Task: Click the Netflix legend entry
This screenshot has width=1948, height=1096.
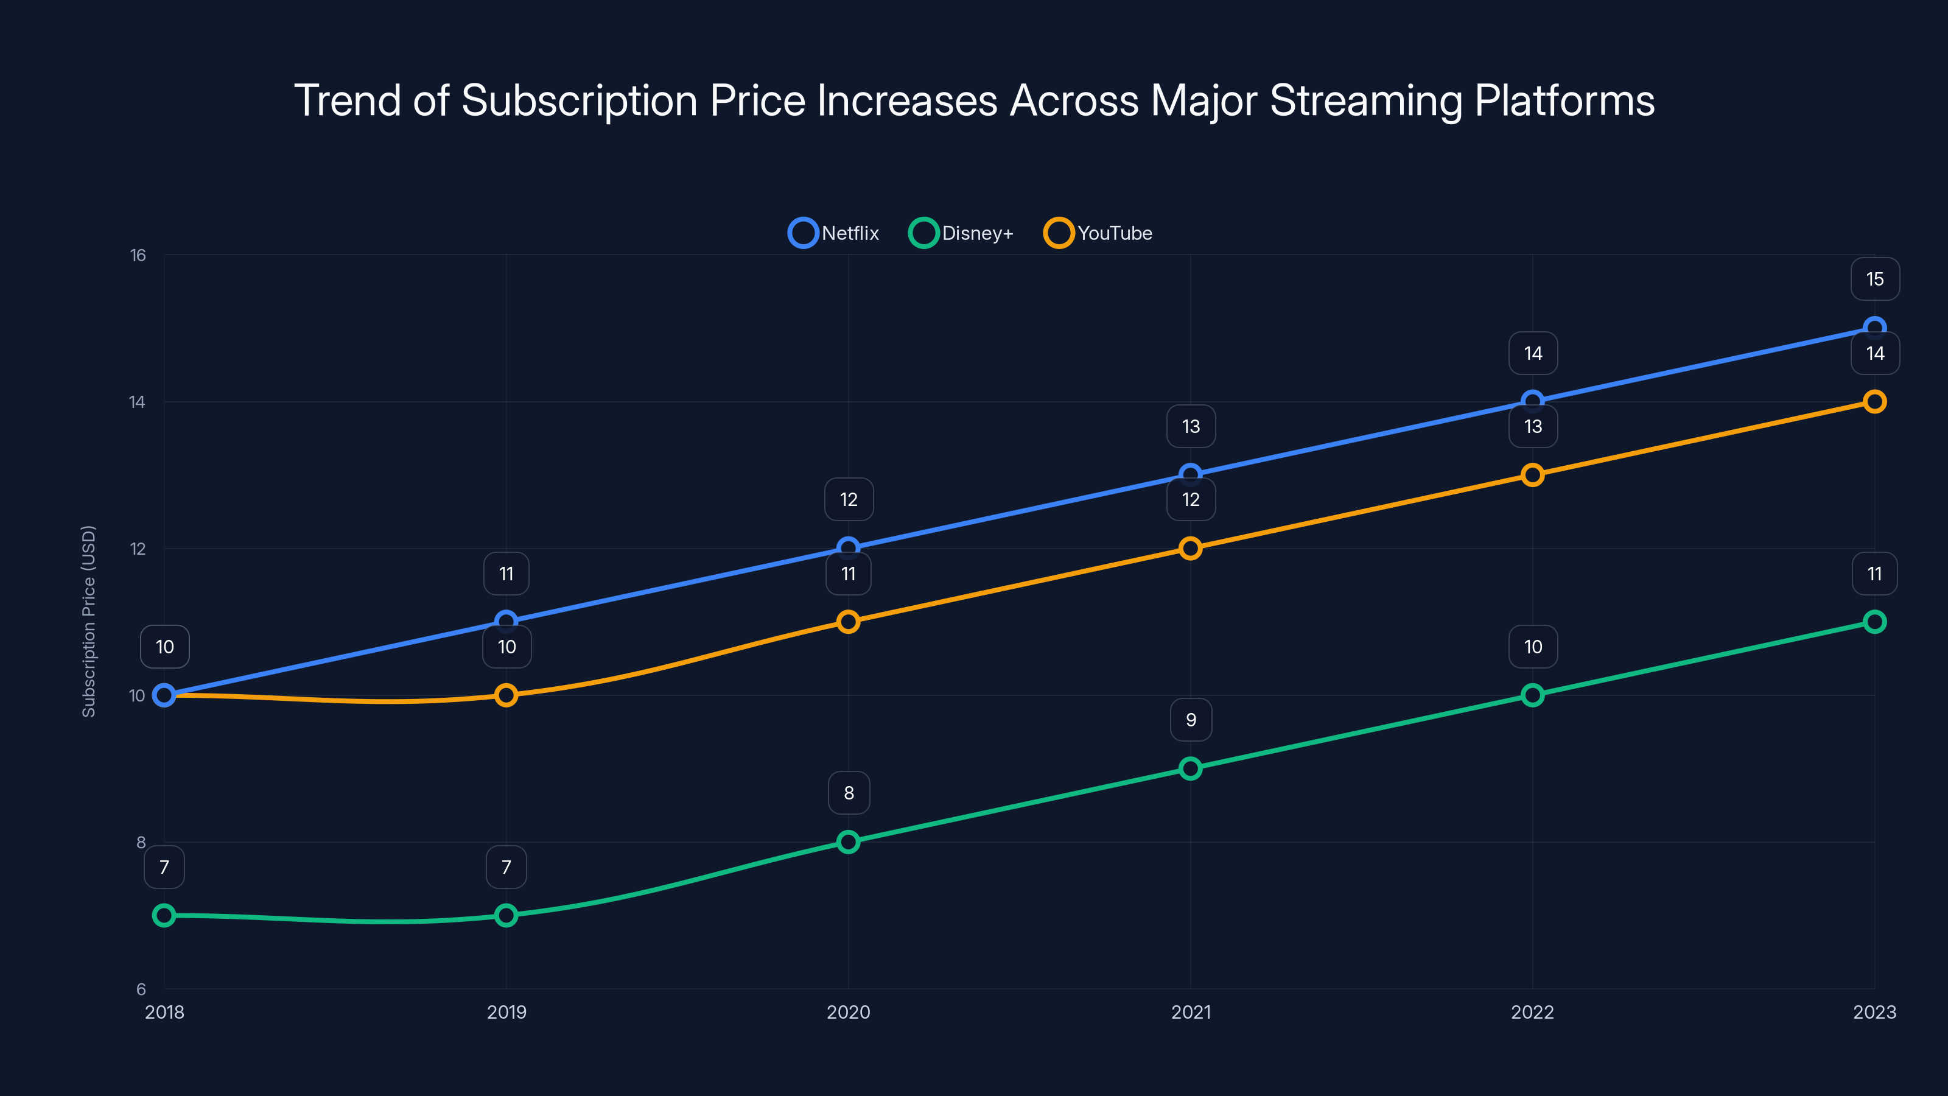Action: [x=834, y=233]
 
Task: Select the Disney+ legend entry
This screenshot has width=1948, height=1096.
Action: [x=961, y=233]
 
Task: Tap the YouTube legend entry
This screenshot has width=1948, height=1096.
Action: [x=1098, y=233]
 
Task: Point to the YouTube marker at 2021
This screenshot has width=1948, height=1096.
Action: [x=1190, y=549]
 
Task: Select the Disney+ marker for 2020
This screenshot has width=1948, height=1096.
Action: [x=849, y=842]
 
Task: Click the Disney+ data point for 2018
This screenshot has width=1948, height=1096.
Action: [x=164, y=915]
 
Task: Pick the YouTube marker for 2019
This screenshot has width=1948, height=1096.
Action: [x=506, y=695]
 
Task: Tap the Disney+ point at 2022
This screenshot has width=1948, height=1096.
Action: [x=1532, y=695]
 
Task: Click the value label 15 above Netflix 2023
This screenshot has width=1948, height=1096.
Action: [x=1875, y=279]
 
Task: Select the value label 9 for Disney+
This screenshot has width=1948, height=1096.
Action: [x=1191, y=720]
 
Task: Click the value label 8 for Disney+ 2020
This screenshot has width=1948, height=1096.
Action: [x=849, y=793]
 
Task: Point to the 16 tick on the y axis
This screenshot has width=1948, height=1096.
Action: [x=138, y=256]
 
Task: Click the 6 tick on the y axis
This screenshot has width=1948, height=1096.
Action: [x=141, y=989]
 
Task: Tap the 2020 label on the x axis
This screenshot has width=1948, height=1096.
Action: [x=849, y=1012]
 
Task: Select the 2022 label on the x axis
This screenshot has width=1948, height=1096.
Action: [x=1532, y=1012]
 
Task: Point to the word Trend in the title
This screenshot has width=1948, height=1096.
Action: [x=347, y=100]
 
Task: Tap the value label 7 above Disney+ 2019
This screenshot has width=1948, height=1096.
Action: [x=506, y=867]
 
